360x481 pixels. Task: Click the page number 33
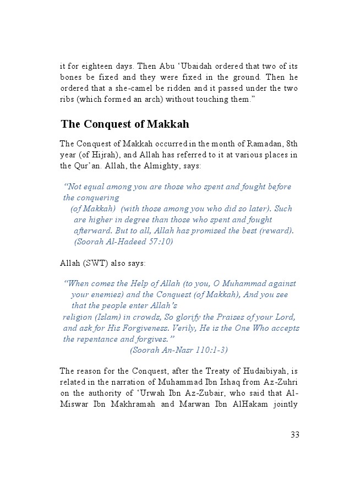pos(294,435)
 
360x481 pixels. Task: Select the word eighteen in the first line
pos(96,66)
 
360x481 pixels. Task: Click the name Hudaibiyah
pos(266,370)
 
